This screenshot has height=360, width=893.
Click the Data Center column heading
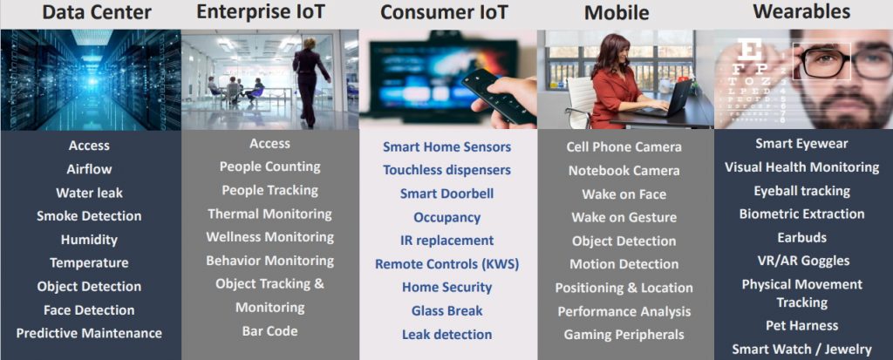pos(97,12)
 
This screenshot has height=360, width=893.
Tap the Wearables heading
pos(801,11)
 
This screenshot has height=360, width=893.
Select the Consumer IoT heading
pos(444,12)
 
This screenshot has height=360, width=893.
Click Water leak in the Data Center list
pos(90,193)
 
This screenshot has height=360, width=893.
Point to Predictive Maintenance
pos(89,333)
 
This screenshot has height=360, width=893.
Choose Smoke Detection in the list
pos(89,216)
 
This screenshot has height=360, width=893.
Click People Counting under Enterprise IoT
pos(270,166)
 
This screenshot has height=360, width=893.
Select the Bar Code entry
pos(270,331)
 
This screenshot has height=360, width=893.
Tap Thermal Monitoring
pos(270,214)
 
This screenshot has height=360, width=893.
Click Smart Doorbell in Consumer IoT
pos(447,194)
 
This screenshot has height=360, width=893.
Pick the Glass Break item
pos(447,311)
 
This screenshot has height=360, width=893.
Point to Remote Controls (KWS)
pos(447,264)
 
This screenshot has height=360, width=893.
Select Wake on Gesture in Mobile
pos(624,218)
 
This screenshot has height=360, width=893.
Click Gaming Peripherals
pos(624,335)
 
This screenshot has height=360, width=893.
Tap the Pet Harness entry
pos(802,326)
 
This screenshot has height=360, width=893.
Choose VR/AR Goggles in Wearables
pos(802,261)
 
